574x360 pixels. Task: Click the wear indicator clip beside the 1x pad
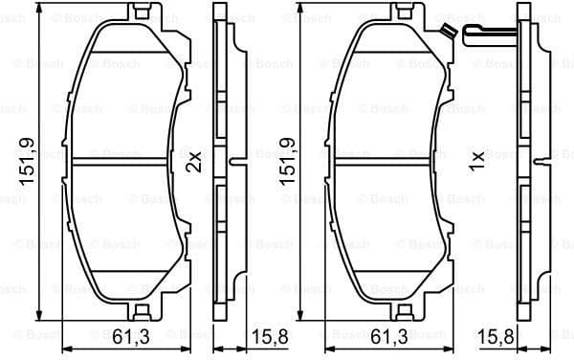point(491,35)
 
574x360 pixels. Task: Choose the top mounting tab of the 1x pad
point(398,13)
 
